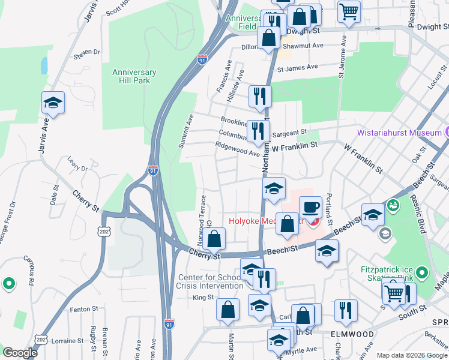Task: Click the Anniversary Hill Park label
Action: (x=134, y=77)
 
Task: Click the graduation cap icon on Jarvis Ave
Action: (x=53, y=103)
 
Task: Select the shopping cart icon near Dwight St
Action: (x=348, y=10)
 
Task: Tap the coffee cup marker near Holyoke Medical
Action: (x=310, y=208)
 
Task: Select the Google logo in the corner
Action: (x=20, y=353)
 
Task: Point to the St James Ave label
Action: (x=297, y=67)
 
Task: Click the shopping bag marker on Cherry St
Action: (x=214, y=239)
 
